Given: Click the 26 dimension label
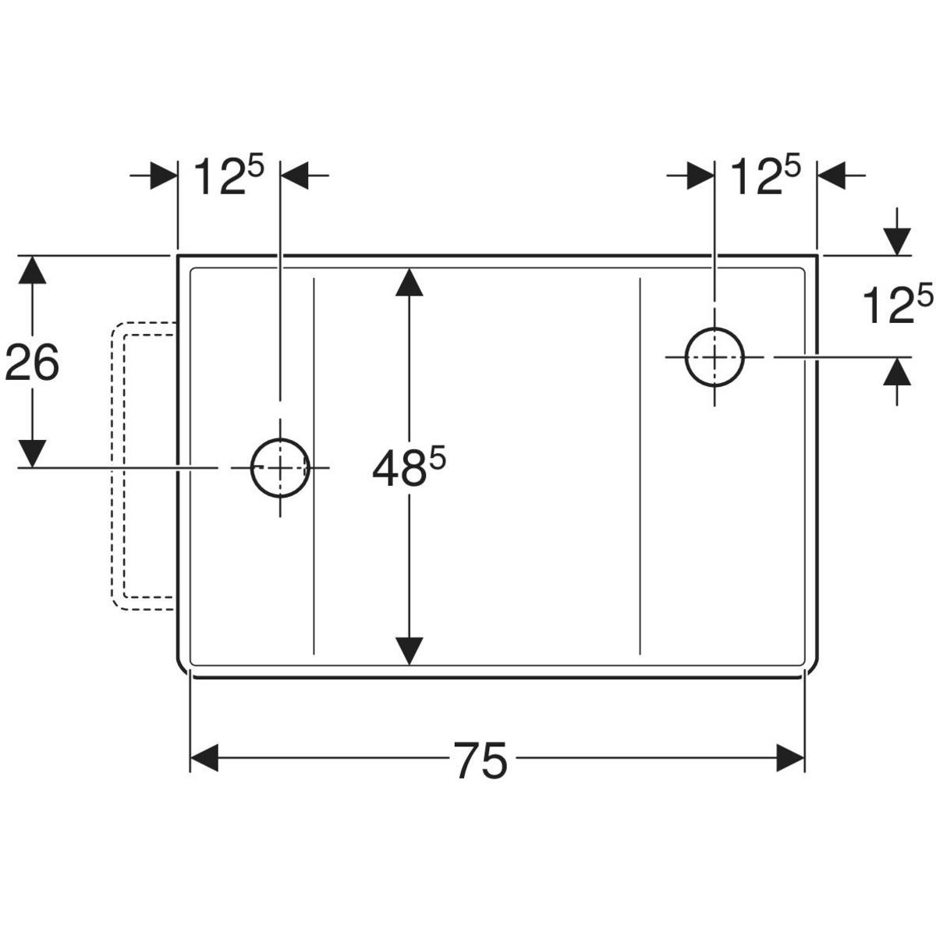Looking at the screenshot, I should [x=32, y=363].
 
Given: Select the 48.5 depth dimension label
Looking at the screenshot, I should [x=407, y=470].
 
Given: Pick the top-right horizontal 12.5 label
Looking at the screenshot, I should [x=765, y=177].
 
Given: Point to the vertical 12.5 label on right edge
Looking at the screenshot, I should [x=897, y=305].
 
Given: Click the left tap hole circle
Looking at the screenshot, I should [x=280, y=467].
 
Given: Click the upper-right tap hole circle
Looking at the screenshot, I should [x=714, y=356].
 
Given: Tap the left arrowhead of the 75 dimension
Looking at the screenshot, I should [x=205, y=757].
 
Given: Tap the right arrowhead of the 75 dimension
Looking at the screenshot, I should [x=790, y=757].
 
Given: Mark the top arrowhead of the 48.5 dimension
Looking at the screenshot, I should [x=409, y=282].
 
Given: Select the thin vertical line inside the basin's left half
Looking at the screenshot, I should [x=314, y=465].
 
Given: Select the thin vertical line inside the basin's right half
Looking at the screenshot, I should [x=640, y=465].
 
